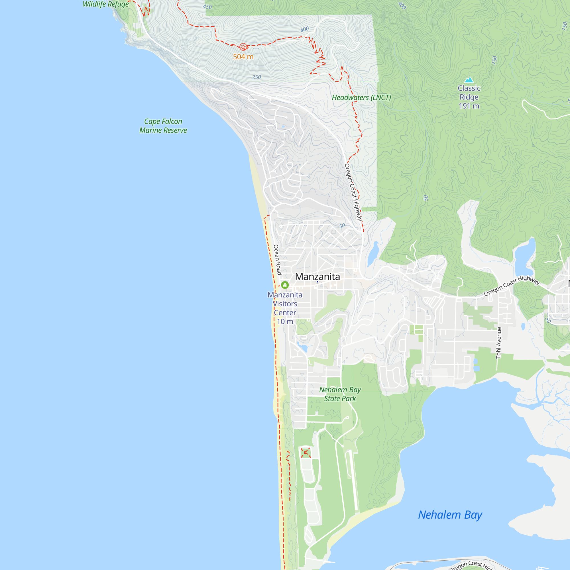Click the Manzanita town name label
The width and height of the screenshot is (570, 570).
(x=317, y=277)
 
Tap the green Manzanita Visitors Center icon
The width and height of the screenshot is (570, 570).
(x=285, y=285)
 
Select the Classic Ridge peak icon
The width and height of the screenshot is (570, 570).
(x=469, y=80)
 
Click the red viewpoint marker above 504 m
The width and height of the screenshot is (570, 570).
(x=243, y=47)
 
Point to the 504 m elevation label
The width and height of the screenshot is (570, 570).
(x=243, y=57)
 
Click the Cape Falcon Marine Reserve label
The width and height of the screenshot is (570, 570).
(x=163, y=126)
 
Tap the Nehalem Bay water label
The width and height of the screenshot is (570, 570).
(x=450, y=515)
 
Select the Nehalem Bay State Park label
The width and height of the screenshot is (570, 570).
(x=340, y=394)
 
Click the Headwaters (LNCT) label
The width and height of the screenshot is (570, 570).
(x=361, y=97)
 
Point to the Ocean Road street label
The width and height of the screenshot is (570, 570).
(x=277, y=260)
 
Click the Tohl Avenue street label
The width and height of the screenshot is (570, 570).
(x=498, y=343)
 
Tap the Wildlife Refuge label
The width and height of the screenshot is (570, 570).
(x=106, y=4)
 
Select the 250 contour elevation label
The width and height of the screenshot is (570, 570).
(x=256, y=77)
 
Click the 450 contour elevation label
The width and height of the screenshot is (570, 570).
(x=207, y=7)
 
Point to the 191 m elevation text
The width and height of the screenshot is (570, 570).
(x=469, y=106)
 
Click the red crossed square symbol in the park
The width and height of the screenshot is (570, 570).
(x=306, y=453)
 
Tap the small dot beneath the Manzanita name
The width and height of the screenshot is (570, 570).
(x=317, y=282)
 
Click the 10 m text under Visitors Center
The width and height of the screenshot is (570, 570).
(x=285, y=321)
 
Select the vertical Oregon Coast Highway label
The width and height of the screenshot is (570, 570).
(x=353, y=192)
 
